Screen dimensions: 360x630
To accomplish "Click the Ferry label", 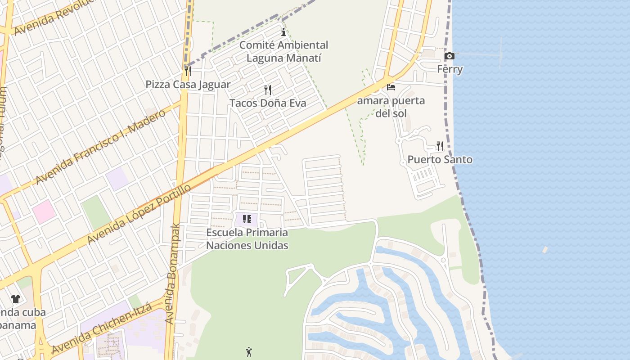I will (450, 69).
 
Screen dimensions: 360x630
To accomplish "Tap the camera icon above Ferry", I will (449, 56).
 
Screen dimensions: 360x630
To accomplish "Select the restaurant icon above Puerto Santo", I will (440, 146).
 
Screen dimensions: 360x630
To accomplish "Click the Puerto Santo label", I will (440, 159).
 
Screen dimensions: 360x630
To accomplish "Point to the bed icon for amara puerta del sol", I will (391, 87).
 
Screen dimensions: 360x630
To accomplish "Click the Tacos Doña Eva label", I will (268, 103).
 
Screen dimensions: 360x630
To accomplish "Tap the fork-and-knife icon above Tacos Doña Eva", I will (268, 90).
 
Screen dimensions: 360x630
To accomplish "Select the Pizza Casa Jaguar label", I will (188, 84).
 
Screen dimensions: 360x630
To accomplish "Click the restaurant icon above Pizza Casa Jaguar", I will (188, 71).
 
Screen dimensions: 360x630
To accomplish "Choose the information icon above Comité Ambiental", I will (283, 32).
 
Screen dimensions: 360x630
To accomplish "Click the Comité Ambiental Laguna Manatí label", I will (283, 51).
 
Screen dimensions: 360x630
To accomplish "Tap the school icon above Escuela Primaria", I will (247, 219).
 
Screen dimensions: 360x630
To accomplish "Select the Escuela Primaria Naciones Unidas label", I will (247, 239).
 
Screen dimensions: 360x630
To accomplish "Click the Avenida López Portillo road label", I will (139, 214).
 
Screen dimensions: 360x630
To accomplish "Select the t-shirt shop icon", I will (16, 298).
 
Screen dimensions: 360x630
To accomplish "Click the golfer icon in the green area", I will (249, 352).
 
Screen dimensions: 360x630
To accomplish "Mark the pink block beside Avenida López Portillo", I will (44, 211).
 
